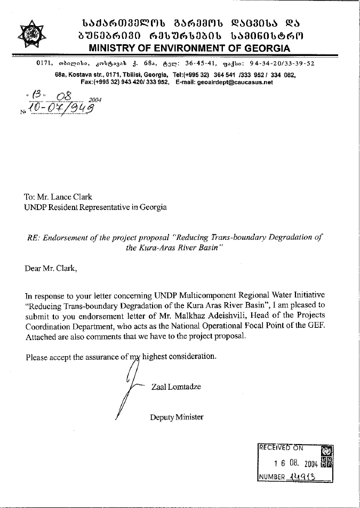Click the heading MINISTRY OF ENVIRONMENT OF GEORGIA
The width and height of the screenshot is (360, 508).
pos(189,49)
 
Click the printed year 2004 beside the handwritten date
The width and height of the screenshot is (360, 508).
pos(94,99)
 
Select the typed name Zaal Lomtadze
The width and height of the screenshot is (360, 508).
pos(176,386)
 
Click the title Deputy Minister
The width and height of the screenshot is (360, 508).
pos(177,417)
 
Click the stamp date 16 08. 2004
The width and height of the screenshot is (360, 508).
pos(295,463)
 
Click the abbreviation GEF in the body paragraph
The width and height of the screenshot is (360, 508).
pos(317,326)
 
